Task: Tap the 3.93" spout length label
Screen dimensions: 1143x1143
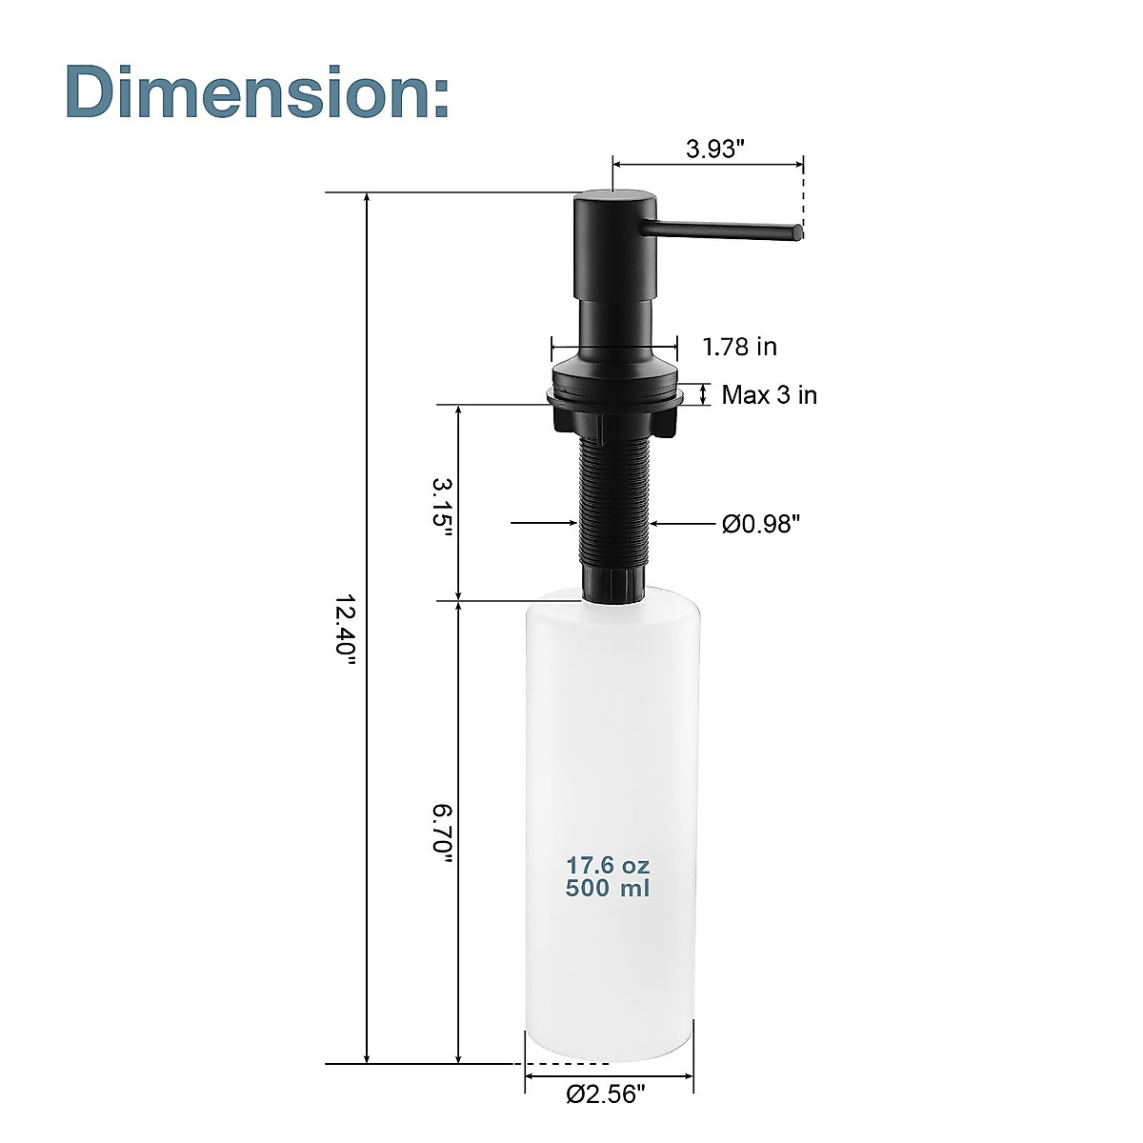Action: point(714,150)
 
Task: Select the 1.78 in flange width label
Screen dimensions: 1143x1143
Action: point(739,347)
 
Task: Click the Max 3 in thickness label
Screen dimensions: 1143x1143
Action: point(769,394)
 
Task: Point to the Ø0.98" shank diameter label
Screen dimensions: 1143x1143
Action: point(760,523)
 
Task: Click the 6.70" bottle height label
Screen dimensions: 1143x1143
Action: point(441,834)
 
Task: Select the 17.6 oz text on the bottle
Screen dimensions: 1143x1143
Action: point(608,866)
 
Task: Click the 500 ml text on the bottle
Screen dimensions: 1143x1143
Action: point(608,889)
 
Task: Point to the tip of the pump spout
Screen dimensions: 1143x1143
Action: point(796,231)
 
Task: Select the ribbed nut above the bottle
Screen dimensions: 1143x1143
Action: point(614,582)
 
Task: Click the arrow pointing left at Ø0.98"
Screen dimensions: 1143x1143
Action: point(662,523)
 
